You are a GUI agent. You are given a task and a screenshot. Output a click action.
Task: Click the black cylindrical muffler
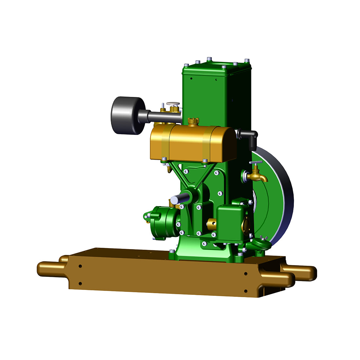pos(128,116)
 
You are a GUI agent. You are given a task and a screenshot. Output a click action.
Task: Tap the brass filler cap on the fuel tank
pos(193,121)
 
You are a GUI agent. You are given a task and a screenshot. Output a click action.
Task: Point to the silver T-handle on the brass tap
pos(256,163)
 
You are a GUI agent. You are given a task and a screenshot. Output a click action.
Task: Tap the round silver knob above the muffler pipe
pos(173,104)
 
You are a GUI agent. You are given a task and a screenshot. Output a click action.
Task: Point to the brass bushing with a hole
pos(212,224)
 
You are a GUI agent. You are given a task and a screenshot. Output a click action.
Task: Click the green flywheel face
pos(272,196)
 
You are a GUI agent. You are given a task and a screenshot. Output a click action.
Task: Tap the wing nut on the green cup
pos(264,238)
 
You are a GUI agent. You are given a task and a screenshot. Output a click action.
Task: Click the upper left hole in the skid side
pos(80,266)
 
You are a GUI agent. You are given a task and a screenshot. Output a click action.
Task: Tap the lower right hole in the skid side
pos(245,291)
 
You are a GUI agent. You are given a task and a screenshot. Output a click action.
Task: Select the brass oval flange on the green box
pos(246,225)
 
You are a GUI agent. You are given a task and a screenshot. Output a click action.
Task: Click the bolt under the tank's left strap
pos(164,159)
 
